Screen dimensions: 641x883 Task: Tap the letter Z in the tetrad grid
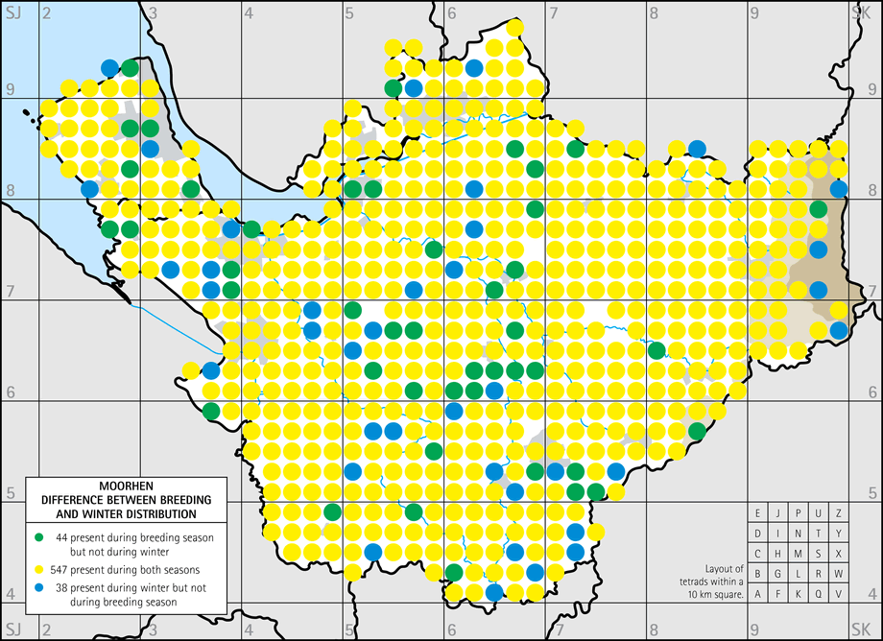coord(839,512)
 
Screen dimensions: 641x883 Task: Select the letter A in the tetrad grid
coord(757,593)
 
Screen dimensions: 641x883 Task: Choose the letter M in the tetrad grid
coord(798,553)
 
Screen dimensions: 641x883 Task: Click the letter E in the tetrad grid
coord(757,512)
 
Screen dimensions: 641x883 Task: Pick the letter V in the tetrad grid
coord(839,593)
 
